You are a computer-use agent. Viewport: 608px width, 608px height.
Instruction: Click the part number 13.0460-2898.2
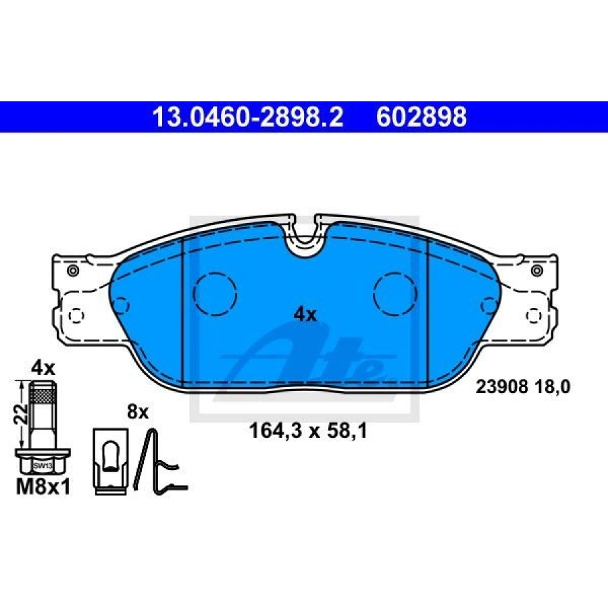(x=248, y=117)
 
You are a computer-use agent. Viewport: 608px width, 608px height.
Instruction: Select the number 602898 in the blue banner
(x=421, y=117)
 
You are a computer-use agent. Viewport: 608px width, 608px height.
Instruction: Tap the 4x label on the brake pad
(x=305, y=314)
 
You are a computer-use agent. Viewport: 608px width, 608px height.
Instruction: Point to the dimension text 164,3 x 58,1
(x=308, y=430)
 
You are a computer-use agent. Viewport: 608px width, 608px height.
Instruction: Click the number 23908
(x=502, y=386)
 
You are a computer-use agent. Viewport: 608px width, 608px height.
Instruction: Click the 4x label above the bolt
(x=43, y=368)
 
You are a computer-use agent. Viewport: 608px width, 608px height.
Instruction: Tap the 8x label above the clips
(x=138, y=412)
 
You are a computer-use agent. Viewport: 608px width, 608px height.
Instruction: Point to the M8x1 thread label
(x=43, y=487)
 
